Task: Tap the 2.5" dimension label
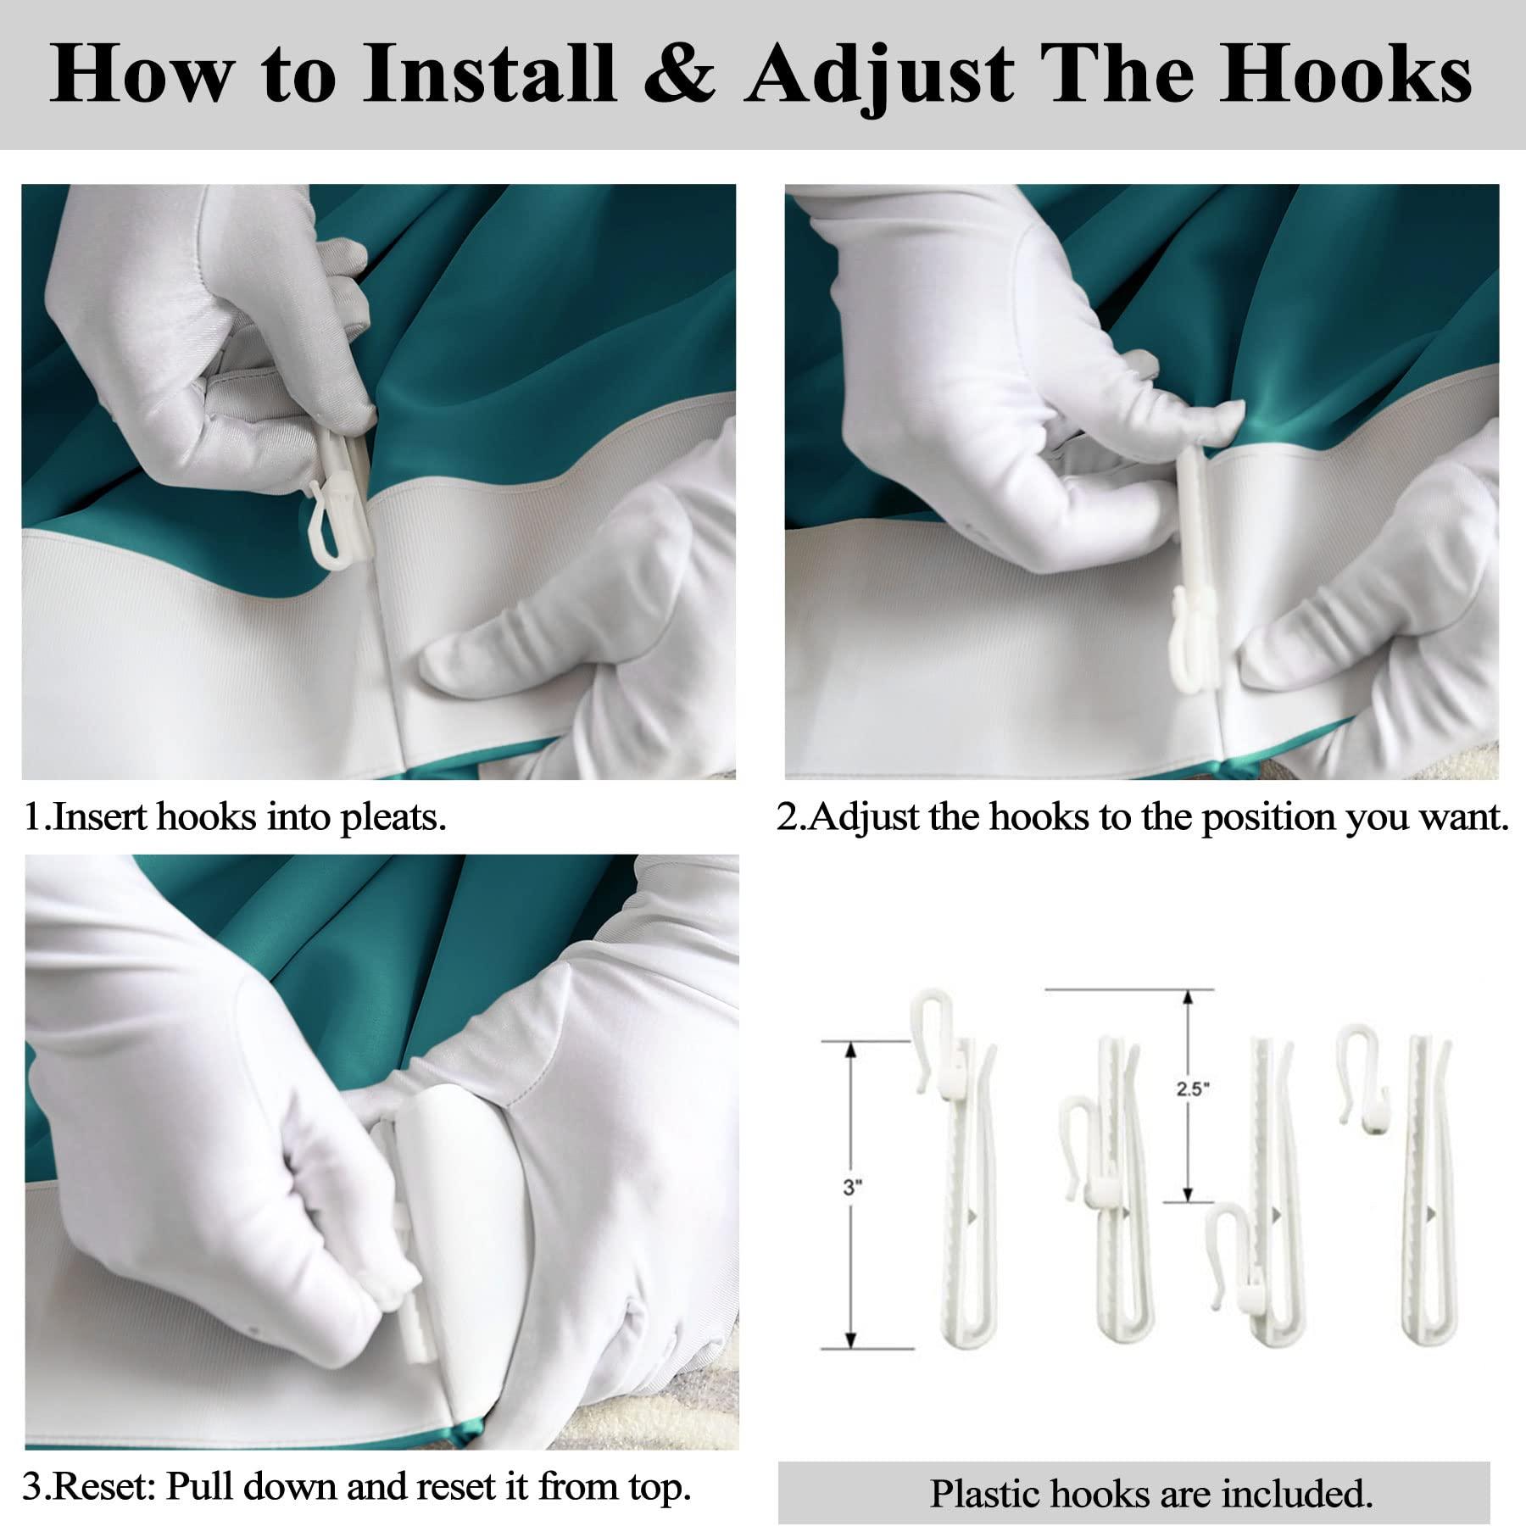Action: click(1190, 1089)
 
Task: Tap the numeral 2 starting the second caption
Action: click(786, 817)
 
